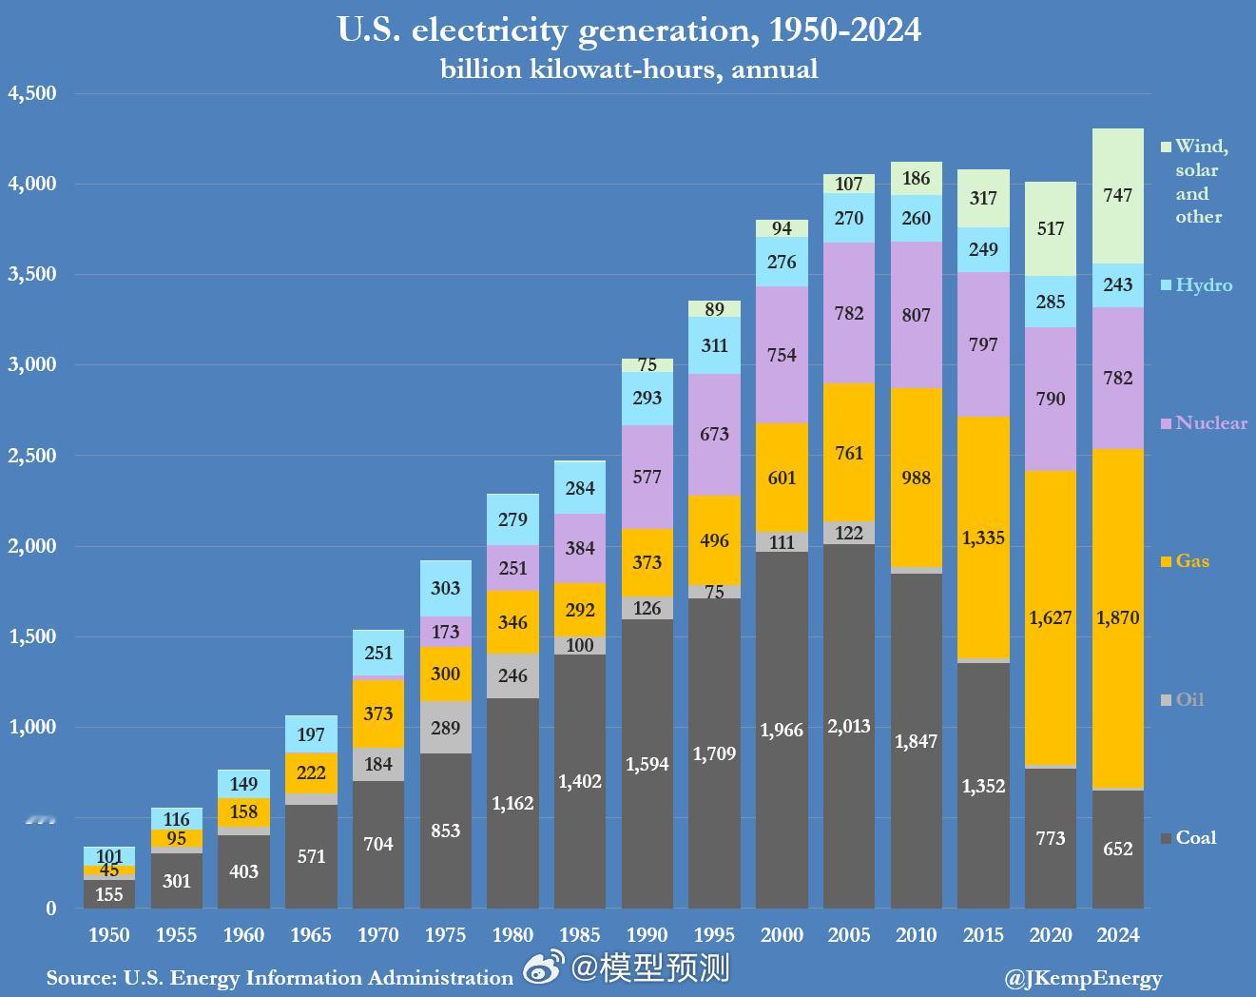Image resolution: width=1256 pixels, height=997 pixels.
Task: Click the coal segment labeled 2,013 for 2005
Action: click(849, 727)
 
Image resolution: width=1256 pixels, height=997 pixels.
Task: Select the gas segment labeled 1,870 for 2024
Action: click(1118, 618)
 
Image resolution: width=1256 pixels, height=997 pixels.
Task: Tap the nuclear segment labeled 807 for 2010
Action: click(917, 315)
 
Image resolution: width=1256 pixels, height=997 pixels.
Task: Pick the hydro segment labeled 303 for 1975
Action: click(445, 589)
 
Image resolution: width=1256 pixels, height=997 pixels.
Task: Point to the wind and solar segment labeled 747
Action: click(1118, 195)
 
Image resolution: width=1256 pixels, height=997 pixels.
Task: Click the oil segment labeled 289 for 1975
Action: click(445, 728)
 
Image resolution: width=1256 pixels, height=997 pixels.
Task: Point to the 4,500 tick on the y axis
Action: click(32, 93)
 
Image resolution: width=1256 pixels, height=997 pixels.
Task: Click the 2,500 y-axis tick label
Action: click(32, 456)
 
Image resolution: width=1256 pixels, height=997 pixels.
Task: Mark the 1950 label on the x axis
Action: click(109, 935)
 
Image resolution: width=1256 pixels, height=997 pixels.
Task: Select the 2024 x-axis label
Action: click(1118, 935)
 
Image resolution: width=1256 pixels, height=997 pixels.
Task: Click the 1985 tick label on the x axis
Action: click(580, 935)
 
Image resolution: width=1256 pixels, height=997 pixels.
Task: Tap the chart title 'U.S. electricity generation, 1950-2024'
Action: click(628, 30)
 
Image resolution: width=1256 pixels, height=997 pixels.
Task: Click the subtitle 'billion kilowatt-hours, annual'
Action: click(628, 69)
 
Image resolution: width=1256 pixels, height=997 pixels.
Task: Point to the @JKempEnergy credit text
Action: click(1083, 978)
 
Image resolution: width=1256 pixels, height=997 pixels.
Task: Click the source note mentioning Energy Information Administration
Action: click(280, 978)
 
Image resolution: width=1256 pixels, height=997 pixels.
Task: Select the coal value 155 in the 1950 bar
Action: click(109, 894)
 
